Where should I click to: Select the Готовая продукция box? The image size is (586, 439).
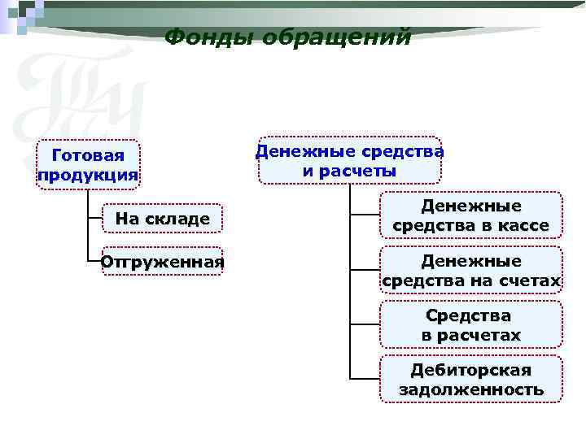[88, 166]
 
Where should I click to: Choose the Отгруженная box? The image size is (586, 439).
[163, 262]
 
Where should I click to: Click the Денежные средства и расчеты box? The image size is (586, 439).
[350, 160]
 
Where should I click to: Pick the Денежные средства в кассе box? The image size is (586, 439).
[470, 215]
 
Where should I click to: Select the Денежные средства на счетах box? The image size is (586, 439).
[470, 271]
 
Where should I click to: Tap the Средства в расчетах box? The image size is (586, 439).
[470, 324]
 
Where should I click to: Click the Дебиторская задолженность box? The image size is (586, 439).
[470, 379]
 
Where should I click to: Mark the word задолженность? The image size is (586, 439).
[470, 389]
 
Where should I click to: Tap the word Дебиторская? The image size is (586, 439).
[470, 370]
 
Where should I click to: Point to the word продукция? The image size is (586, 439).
[88, 176]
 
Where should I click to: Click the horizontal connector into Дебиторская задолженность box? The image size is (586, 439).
[365, 379]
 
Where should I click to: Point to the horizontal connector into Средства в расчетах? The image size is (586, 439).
[365, 324]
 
